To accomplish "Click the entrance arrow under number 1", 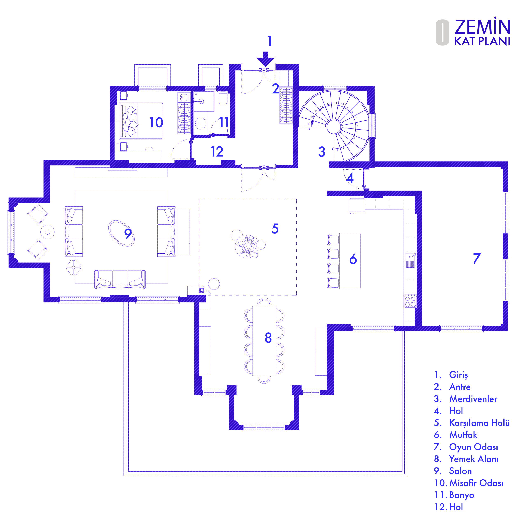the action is click(265, 59).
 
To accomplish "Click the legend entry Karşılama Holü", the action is click(479, 423).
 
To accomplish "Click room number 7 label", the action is click(477, 258).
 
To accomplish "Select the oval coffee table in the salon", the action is click(122, 233).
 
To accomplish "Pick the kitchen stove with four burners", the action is click(410, 301).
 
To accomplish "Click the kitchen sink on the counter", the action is click(410, 260).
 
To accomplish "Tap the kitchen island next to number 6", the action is click(350, 261).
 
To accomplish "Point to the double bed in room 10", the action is click(141, 121).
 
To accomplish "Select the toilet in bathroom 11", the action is click(223, 98).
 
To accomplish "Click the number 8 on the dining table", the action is click(268, 338).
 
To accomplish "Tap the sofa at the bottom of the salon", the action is click(120, 279).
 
